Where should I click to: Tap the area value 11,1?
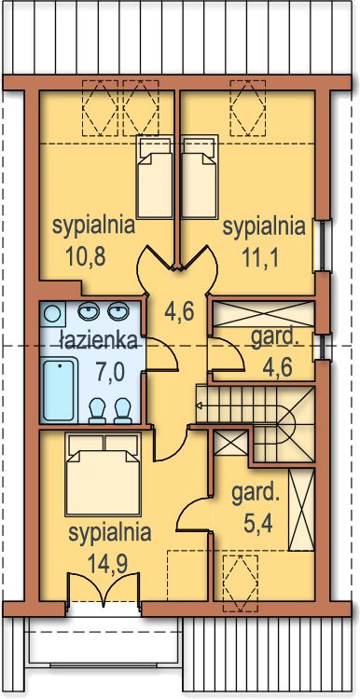pos(260,256)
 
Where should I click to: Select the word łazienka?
pos(98,340)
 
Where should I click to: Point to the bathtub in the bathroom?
pos(59,391)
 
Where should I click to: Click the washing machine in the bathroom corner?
pos(52,313)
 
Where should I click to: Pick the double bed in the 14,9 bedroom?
pos(103,474)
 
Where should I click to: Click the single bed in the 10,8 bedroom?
pos(154,177)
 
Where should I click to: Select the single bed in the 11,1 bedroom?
pos(200,177)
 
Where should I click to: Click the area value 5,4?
pos(258,520)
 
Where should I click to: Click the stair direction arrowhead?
pos(199,405)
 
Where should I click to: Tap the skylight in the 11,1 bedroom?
pos(247,108)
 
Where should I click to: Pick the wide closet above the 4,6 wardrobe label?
pos(263,314)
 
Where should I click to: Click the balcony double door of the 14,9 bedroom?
pos(104,589)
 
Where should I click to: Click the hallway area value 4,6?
pos(179,312)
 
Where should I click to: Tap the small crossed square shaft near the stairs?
pos(230,443)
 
